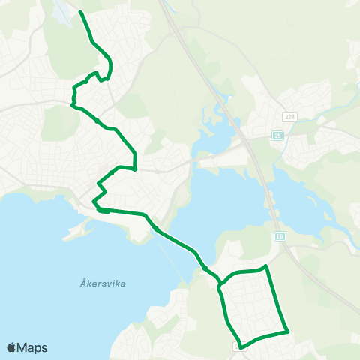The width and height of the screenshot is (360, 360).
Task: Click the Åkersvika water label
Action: (101, 283)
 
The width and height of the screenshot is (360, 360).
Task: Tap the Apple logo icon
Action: (11, 347)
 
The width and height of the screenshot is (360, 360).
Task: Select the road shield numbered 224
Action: (289, 116)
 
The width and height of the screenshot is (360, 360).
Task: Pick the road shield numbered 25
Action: (277, 135)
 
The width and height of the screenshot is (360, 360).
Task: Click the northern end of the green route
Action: (80, 13)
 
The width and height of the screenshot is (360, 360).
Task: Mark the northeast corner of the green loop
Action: (266, 266)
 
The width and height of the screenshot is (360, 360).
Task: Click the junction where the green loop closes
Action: (219, 285)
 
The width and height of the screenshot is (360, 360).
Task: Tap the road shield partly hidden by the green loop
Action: (239, 346)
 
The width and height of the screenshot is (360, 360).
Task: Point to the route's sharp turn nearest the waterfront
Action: (93, 202)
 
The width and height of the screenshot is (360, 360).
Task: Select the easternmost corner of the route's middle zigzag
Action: (135, 168)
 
